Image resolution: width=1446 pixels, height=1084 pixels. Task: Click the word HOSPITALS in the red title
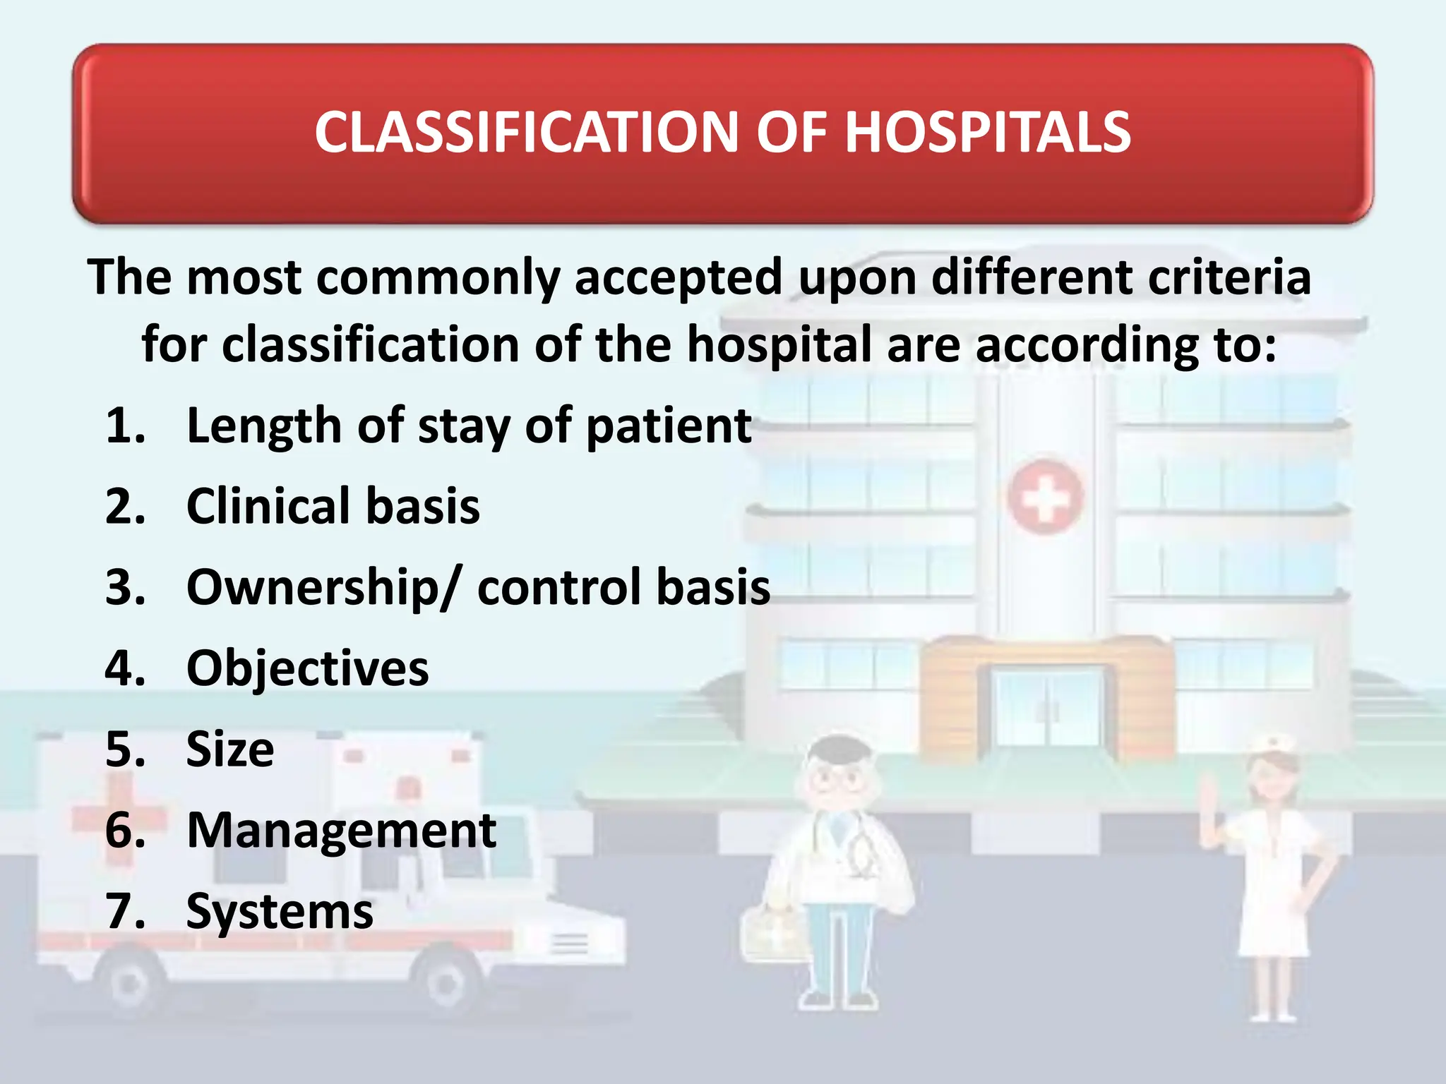point(987,133)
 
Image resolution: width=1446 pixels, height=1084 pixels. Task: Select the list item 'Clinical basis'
point(333,506)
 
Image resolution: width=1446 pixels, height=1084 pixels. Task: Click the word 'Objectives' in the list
point(307,668)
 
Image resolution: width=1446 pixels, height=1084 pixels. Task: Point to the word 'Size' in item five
point(230,749)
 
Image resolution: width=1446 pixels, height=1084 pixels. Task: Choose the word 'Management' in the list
point(341,830)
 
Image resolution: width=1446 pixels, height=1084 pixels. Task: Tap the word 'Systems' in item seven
point(280,912)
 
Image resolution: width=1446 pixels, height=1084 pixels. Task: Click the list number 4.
point(124,668)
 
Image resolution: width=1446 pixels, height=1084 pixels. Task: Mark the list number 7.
point(124,912)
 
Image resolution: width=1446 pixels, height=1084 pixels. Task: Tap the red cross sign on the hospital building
point(1044,498)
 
